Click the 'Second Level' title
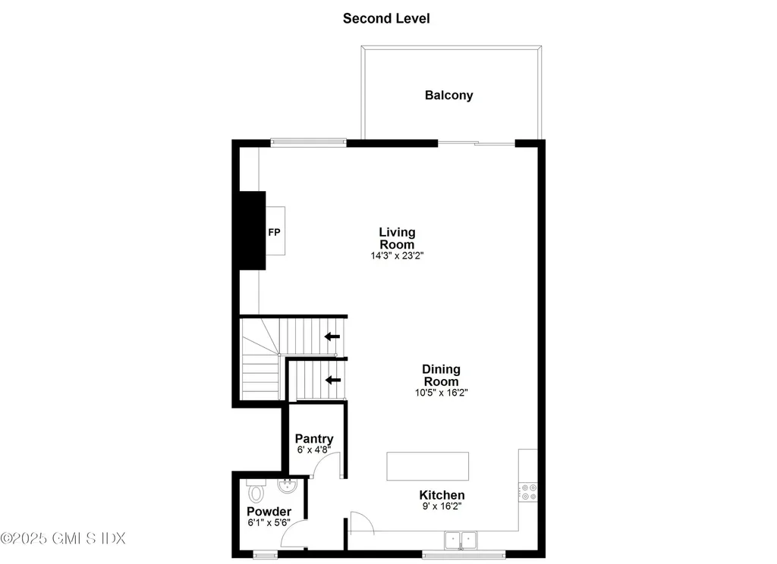(386, 18)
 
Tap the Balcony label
(448, 96)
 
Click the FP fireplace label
(274, 231)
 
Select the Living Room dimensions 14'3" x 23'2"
(397, 256)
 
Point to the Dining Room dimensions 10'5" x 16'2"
(441, 393)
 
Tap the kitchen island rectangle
(427, 466)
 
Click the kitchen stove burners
(528, 491)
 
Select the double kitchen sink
(461, 540)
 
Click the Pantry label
(314, 439)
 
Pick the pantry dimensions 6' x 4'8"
(314, 450)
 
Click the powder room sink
(289, 486)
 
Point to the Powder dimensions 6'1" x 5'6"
(269, 523)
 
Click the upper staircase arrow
(332, 337)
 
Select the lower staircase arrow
(332, 379)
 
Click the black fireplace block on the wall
(252, 230)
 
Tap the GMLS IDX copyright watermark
(63, 538)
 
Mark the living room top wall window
(309, 142)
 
